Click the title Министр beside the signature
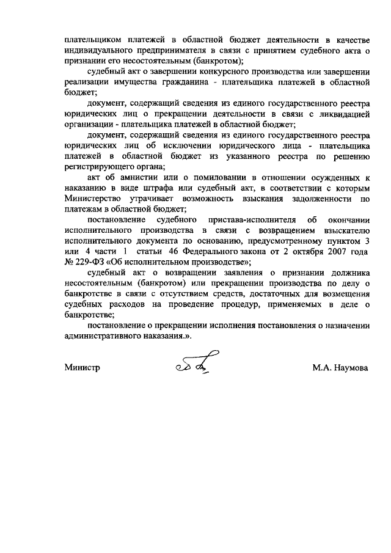coord(82,367)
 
